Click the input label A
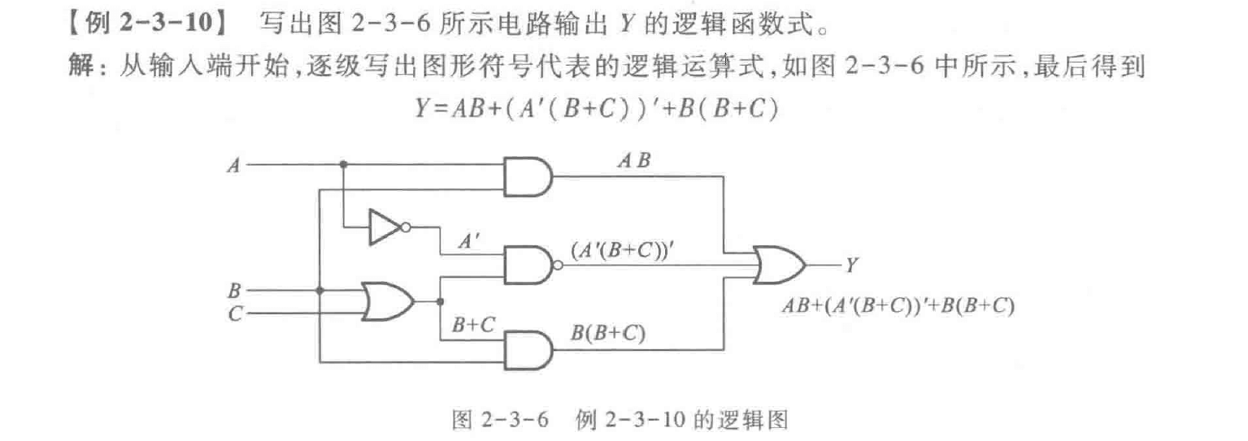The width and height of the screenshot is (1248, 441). (x=235, y=166)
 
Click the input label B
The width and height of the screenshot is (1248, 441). (x=234, y=288)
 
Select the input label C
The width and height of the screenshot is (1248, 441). (x=234, y=313)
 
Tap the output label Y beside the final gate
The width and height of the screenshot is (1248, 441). (x=850, y=265)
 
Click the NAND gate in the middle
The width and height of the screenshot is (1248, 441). (x=529, y=264)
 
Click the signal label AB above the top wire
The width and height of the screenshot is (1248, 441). (x=633, y=161)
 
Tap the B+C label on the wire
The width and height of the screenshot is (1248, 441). (x=474, y=326)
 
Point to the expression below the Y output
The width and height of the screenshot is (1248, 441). (x=898, y=306)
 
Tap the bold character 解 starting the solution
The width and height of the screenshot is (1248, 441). (x=81, y=67)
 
